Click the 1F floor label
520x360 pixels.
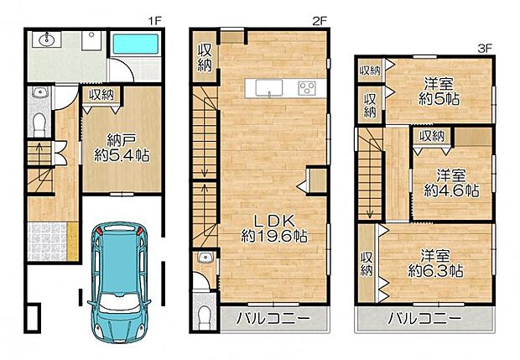tap(154, 21)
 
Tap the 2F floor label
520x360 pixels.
tap(320, 21)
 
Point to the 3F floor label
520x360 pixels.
tap(485, 49)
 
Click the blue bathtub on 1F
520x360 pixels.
tap(136, 44)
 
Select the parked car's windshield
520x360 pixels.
tap(119, 303)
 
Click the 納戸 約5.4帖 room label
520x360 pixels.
tap(122, 148)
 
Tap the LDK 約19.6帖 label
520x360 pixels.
tap(273, 228)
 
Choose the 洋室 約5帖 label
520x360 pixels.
tap(439, 91)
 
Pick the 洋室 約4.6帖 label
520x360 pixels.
tap(451, 183)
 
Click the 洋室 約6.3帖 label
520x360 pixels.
tap(435, 263)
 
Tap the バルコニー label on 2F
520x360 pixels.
tap(273, 319)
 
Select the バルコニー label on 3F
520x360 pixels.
tap(424, 319)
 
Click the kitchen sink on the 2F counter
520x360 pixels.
tap(269, 88)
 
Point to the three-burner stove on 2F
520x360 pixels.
tap(307, 88)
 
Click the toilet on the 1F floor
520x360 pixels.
tap(39, 124)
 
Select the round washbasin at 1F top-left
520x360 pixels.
tap(47, 39)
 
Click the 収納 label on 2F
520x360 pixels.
tap(205, 58)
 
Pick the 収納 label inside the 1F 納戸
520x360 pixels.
tap(101, 95)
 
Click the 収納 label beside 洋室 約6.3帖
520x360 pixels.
tap(367, 263)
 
